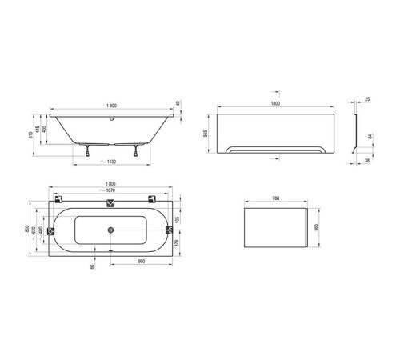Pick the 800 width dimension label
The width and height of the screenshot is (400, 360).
pos(29,229)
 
